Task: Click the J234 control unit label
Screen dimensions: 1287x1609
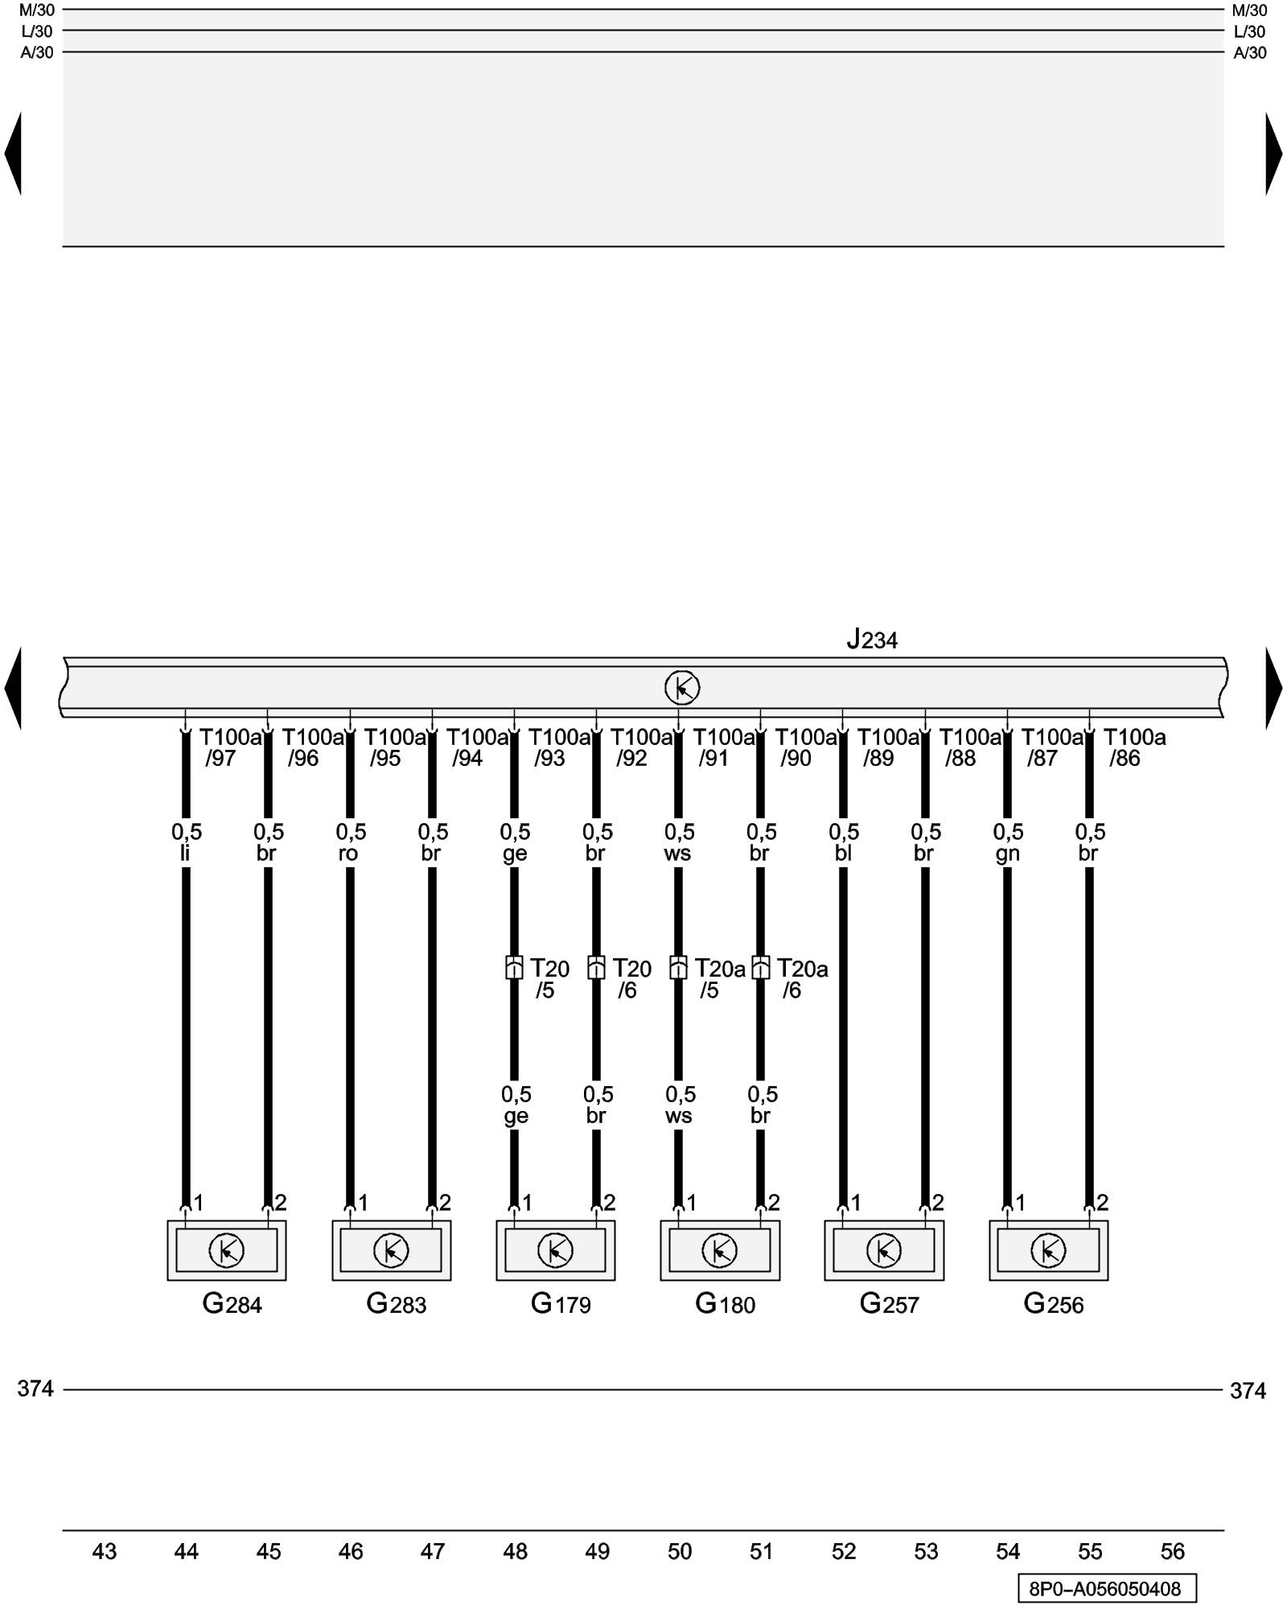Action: coord(872,640)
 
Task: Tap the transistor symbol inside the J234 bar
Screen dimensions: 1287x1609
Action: coord(682,688)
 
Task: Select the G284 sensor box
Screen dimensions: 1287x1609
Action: coord(227,1250)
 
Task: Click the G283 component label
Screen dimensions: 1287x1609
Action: coord(396,1303)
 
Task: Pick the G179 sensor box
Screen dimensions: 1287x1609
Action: coord(555,1250)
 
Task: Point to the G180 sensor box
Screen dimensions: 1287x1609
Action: coord(720,1250)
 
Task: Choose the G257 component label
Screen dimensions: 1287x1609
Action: coord(889,1303)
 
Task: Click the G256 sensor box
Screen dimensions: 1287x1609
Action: coord(1048,1250)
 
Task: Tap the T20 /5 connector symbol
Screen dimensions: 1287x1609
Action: coord(514,967)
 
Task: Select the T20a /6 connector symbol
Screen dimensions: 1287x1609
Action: coord(760,967)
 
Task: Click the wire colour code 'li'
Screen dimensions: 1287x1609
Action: coord(185,853)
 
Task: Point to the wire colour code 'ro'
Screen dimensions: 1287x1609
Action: coord(348,853)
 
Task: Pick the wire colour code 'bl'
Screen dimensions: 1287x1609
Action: coord(842,853)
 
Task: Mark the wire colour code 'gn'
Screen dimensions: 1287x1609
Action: coord(1007,853)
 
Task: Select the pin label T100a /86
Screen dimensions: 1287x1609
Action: coord(1133,747)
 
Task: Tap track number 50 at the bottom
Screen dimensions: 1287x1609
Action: coord(680,1552)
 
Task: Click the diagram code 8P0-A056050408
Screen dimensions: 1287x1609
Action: coord(1106,1589)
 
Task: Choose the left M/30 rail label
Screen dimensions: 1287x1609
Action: coord(37,10)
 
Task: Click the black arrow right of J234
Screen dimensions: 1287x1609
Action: coord(1273,688)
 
